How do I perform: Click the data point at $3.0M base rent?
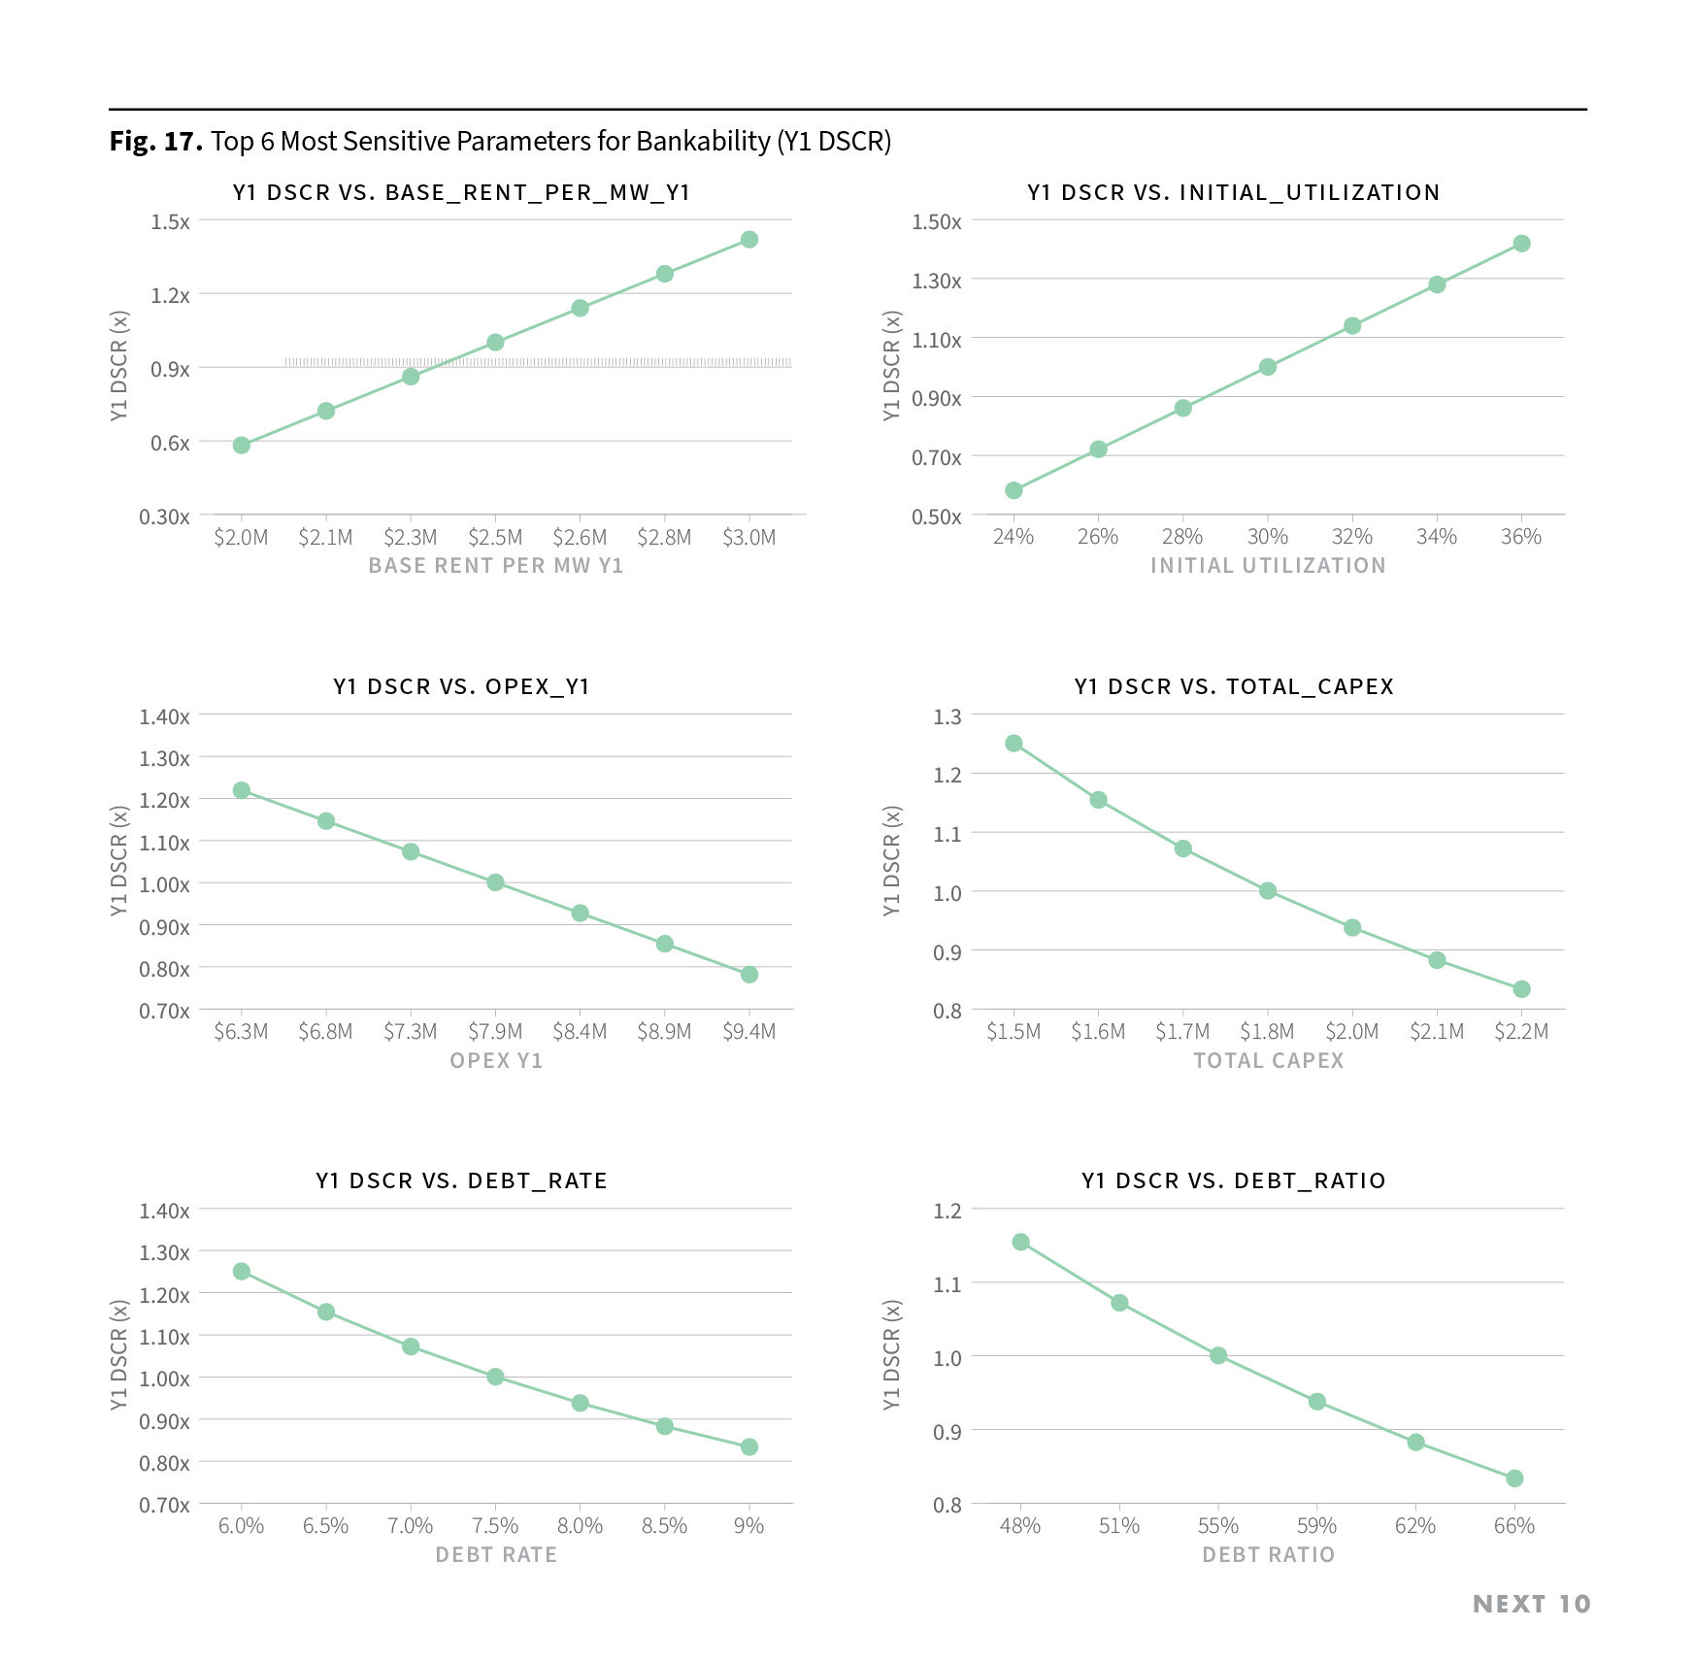pos(748,240)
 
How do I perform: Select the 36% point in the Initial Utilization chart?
pos(1521,244)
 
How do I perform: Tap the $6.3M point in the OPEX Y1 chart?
pos(242,790)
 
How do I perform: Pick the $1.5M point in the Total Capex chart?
pos(1014,744)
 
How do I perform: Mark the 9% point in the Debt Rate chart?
pos(748,1446)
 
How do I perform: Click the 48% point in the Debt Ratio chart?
pos(1020,1242)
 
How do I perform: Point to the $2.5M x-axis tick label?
pos(495,538)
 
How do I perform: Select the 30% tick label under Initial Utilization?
pos(1267,537)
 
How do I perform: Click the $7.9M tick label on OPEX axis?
pos(495,1032)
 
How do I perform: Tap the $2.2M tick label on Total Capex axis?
pos(1521,1032)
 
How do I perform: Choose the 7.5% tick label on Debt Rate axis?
pos(495,1526)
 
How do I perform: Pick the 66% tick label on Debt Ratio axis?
pos(1513,1526)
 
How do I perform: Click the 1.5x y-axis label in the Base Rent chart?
pos(170,222)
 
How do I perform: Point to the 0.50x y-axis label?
pos(936,517)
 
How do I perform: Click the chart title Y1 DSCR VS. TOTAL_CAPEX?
pos(1233,686)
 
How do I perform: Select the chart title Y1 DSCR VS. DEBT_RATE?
pos(461,1180)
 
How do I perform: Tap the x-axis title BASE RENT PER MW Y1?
pos(495,566)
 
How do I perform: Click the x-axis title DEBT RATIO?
pos(1268,1555)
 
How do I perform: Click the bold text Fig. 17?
pos(155,142)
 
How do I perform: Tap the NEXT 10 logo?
pos(1531,1604)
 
